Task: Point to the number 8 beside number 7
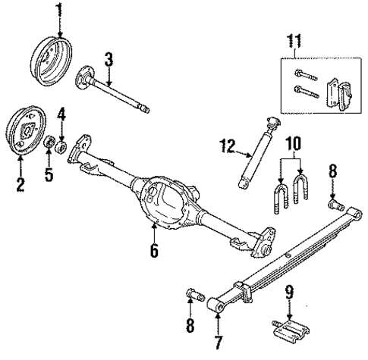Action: click(x=189, y=327)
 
